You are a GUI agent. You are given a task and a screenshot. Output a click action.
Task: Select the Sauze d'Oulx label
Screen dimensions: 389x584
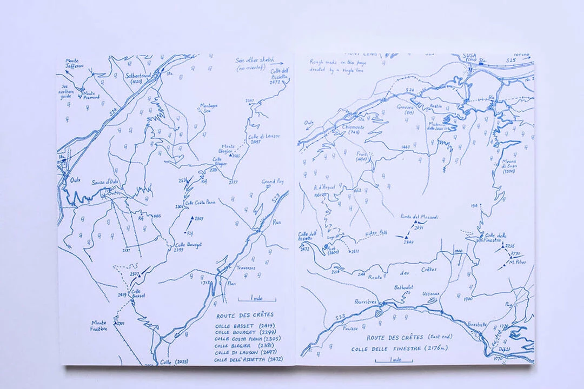click(105, 182)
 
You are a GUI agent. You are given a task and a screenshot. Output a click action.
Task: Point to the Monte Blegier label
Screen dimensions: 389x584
click(227, 149)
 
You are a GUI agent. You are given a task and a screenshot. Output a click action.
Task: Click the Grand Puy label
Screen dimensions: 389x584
click(273, 182)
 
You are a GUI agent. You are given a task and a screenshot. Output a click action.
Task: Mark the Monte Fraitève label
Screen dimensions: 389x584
click(99, 325)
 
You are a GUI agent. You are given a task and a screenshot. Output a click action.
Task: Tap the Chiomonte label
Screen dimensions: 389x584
click(354, 128)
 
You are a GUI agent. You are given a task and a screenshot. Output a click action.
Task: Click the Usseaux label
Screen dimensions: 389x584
click(431, 294)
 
